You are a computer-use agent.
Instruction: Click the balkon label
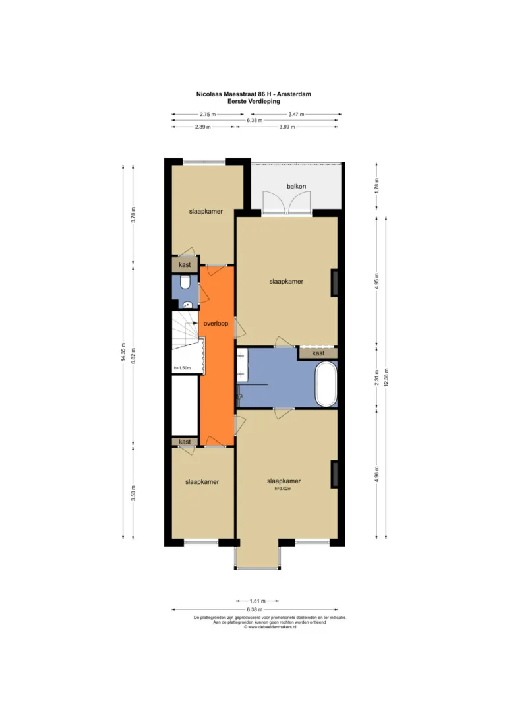(296, 186)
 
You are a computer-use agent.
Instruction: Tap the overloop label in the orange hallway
(216, 323)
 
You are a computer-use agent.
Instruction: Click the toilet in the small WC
(185, 282)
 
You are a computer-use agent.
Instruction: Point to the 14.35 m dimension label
(123, 351)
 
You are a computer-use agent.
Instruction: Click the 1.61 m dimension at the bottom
(258, 601)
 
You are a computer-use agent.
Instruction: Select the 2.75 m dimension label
(208, 114)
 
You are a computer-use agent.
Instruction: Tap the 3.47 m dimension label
(296, 114)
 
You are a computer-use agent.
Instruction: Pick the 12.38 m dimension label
(386, 377)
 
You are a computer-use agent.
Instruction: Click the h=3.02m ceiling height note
(284, 489)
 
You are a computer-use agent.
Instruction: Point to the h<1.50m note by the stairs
(182, 368)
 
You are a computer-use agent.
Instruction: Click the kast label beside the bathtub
(318, 353)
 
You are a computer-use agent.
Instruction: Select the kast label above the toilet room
(185, 265)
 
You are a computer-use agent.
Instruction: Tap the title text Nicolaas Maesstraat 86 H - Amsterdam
(254, 94)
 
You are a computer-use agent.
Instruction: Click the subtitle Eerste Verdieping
(254, 101)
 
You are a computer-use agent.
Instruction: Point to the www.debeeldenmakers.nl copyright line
(270, 627)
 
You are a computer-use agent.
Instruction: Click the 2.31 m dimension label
(377, 378)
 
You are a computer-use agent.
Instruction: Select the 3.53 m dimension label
(133, 493)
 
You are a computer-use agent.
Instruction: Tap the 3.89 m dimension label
(287, 127)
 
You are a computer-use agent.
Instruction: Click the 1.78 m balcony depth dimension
(377, 185)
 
